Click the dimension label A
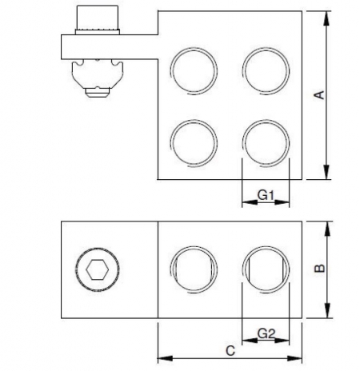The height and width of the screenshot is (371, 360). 318,95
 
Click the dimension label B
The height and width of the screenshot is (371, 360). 318,269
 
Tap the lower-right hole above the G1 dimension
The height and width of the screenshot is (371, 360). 266,142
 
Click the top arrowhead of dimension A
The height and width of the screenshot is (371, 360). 326,17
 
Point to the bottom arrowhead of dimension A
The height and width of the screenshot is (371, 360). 326,175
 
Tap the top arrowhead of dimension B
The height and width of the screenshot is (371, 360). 326,228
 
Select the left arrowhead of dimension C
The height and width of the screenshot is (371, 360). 163,356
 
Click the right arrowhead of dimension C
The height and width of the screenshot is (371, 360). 297,356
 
